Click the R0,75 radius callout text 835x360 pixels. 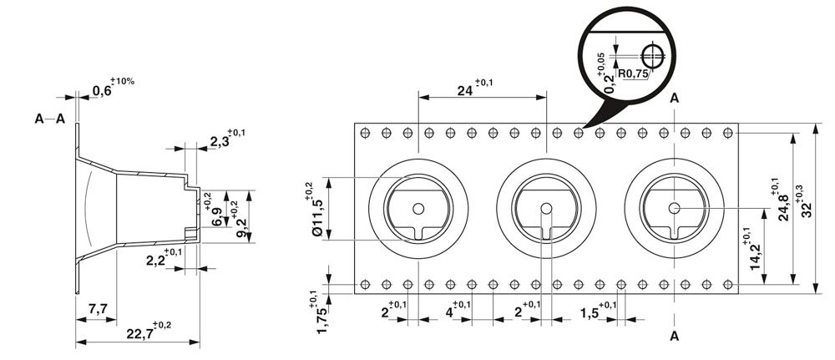pyautogui.click(x=633, y=74)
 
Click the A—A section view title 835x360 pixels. pyautogui.click(x=49, y=119)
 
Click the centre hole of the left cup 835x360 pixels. pyautogui.click(x=418, y=209)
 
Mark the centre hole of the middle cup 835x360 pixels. pyautogui.click(x=546, y=209)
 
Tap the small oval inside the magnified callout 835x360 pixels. pyautogui.click(x=653, y=56)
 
